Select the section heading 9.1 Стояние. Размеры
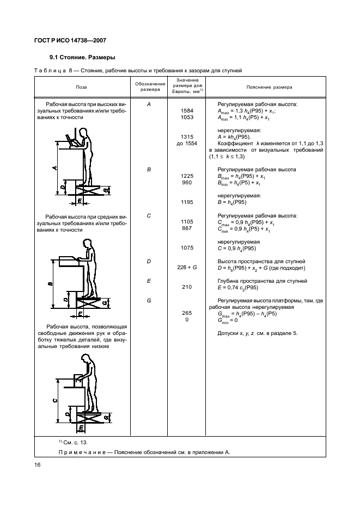coord(82,57)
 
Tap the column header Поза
coord(81,87)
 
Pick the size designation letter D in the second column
coord(149,261)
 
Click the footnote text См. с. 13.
coord(69,442)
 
